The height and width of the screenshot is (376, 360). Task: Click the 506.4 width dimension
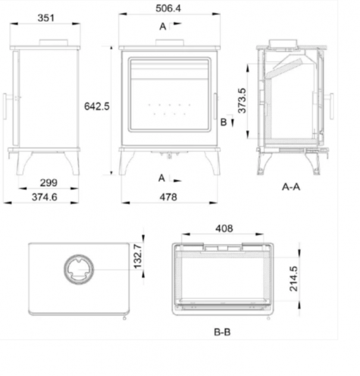(x=168, y=8)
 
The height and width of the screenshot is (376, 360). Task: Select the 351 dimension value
(x=46, y=18)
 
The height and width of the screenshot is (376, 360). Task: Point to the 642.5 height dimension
(x=96, y=106)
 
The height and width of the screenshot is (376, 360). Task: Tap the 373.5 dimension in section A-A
(x=242, y=101)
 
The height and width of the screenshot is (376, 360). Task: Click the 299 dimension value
(x=48, y=183)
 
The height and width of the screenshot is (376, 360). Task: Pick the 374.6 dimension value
(x=45, y=197)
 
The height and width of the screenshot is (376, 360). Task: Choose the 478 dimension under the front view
(x=168, y=197)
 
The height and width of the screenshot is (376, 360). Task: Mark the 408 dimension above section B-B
(x=224, y=228)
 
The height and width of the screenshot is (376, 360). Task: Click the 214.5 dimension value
(x=293, y=278)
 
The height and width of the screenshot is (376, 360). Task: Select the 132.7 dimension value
(x=137, y=256)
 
